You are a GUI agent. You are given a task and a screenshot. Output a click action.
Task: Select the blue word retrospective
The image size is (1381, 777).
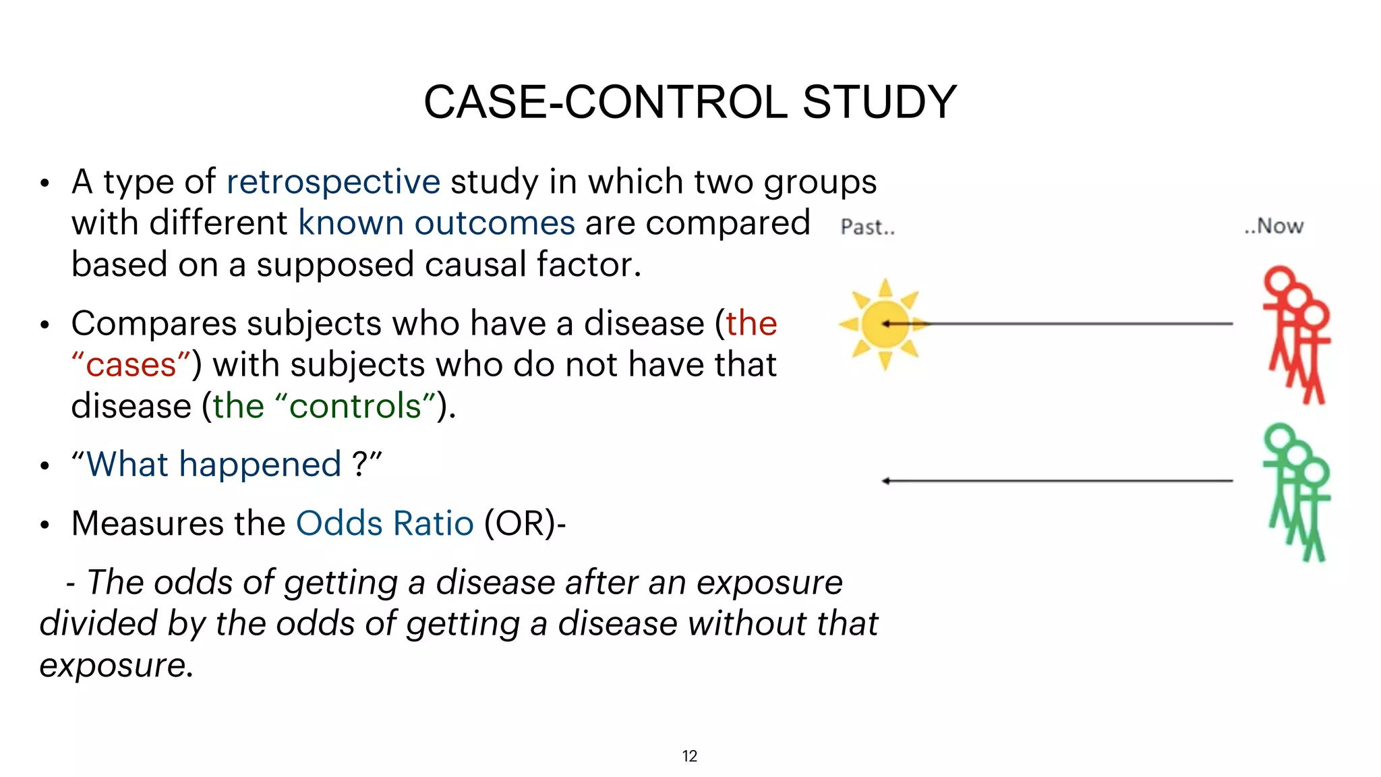pos(333,182)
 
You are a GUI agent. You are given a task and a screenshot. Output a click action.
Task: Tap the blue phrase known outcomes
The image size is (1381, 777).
pos(436,223)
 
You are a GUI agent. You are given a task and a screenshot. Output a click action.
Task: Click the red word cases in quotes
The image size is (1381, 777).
pos(131,365)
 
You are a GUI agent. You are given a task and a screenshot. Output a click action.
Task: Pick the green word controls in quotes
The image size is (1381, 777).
pos(355,406)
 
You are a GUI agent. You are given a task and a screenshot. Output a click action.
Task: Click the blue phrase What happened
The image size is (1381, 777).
pos(214,465)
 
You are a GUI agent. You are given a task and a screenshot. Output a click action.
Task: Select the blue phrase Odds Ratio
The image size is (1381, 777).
pos(385,523)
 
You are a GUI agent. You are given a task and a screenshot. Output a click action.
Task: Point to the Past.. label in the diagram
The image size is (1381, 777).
pos(867,227)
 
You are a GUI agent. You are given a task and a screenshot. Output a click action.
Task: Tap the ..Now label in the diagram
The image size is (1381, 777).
pos(1273,226)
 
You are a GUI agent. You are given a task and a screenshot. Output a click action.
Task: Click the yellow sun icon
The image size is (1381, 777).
pos(884,324)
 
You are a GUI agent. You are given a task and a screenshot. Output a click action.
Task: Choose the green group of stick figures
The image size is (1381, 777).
pos(1296,492)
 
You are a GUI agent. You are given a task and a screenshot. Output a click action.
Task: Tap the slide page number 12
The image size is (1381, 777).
pos(689,756)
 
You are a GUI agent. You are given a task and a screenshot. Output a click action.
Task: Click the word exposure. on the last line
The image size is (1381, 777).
pos(117,666)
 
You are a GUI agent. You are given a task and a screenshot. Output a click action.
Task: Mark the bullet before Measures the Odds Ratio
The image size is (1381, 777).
pos(45,525)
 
